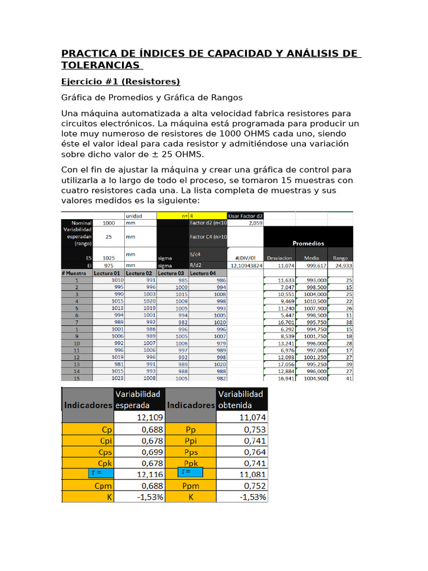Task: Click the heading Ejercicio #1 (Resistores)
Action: click(x=120, y=82)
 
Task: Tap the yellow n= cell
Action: click(x=173, y=215)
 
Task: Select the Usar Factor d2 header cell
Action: click(x=245, y=215)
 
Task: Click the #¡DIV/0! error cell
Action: click(x=245, y=258)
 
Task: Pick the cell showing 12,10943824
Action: click(x=245, y=266)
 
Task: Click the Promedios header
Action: click(x=308, y=243)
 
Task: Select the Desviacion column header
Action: click(x=280, y=258)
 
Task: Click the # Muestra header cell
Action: click(x=76, y=273)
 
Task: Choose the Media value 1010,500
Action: click(x=315, y=301)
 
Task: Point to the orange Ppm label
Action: click(x=191, y=486)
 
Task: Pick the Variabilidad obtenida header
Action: click(x=241, y=399)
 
